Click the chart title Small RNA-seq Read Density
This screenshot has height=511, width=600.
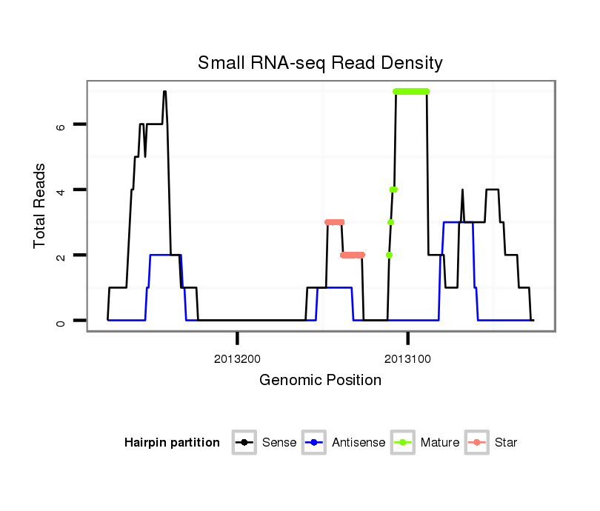(320, 63)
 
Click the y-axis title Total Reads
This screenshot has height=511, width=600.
(41, 206)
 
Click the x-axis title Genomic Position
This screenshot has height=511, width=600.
(320, 381)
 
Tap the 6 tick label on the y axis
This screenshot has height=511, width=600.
(61, 125)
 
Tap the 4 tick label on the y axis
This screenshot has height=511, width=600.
(61, 190)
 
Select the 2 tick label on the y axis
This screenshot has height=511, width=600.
(61, 255)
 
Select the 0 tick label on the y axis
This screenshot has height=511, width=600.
(61, 321)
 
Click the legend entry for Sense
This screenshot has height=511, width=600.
(279, 443)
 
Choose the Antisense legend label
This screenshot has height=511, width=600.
(359, 443)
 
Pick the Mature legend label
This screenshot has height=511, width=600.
(439, 443)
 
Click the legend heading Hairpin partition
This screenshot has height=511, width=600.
(172, 443)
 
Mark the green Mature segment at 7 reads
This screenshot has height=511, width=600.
(411, 91)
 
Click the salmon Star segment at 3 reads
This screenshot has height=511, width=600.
(335, 222)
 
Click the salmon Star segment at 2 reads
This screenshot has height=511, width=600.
(353, 255)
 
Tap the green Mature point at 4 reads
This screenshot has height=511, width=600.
(393, 190)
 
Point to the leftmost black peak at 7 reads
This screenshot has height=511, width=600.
(164, 92)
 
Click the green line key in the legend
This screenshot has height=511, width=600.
(404, 443)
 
